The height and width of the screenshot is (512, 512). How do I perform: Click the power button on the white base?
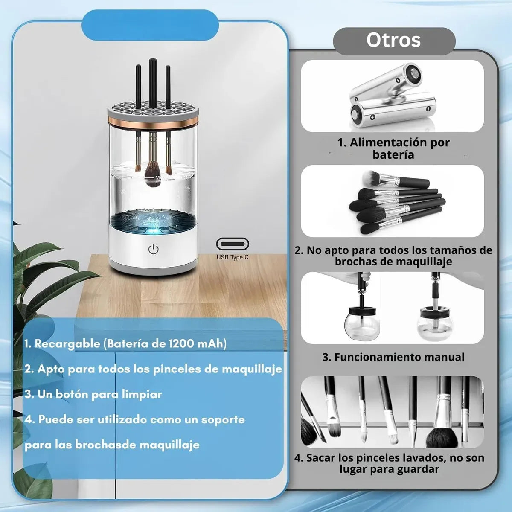153,249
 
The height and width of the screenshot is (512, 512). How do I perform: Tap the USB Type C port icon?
233,244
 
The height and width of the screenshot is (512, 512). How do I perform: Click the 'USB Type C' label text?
233,257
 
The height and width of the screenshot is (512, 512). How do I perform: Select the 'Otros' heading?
393,40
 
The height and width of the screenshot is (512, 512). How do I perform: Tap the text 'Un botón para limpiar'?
93,394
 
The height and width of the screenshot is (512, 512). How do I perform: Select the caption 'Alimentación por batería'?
393,148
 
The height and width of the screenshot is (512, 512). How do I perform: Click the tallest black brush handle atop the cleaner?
152,83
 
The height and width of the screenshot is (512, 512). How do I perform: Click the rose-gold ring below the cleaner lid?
153,122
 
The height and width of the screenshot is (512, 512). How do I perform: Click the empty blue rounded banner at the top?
150,26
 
